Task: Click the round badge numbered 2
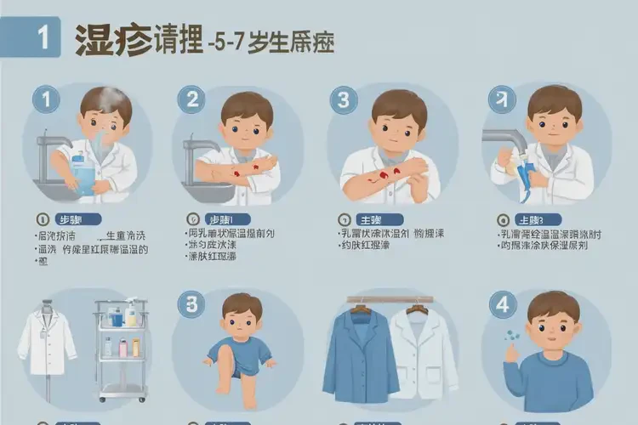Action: coord(191,100)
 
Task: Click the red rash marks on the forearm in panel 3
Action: coord(387,174)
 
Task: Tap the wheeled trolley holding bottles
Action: coord(122,348)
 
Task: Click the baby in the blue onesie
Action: coord(239,340)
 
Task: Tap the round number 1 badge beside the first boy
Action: coord(46,100)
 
